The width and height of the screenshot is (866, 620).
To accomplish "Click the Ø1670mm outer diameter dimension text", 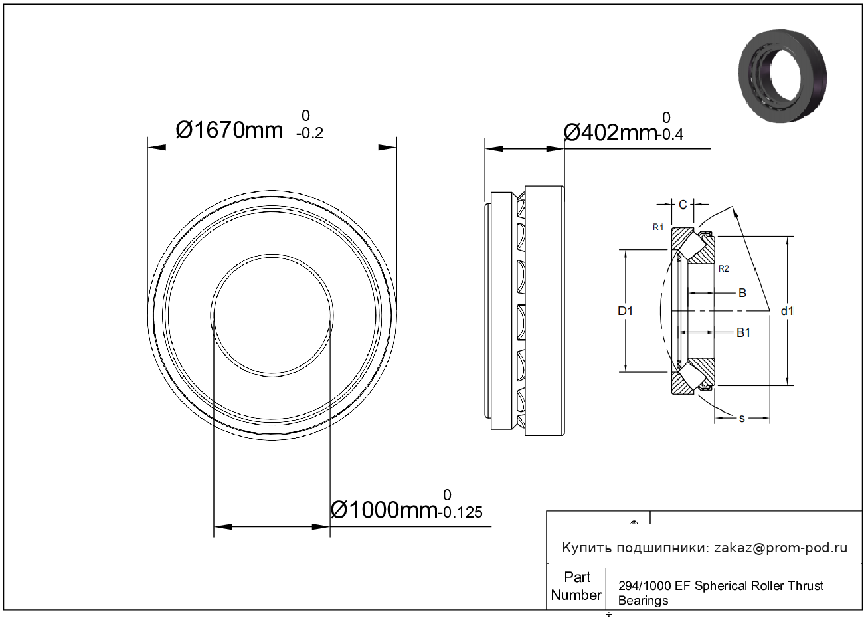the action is click(x=229, y=130).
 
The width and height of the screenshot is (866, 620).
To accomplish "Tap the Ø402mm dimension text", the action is click(x=610, y=133).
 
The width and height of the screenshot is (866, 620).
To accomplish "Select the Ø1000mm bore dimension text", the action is click(x=385, y=510).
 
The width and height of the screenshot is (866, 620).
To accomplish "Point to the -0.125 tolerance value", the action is click(x=460, y=512).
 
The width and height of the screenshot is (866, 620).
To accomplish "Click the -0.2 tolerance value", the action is click(x=309, y=133).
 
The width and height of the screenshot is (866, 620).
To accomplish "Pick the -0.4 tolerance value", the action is click(x=670, y=134).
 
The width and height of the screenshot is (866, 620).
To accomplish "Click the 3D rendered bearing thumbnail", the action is click(x=782, y=76).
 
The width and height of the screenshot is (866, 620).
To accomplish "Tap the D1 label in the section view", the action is click(x=625, y=311).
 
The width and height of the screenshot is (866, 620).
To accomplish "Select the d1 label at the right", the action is click(x=787, y=311).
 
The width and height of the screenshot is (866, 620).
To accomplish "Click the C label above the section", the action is click(x=683, y=205).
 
